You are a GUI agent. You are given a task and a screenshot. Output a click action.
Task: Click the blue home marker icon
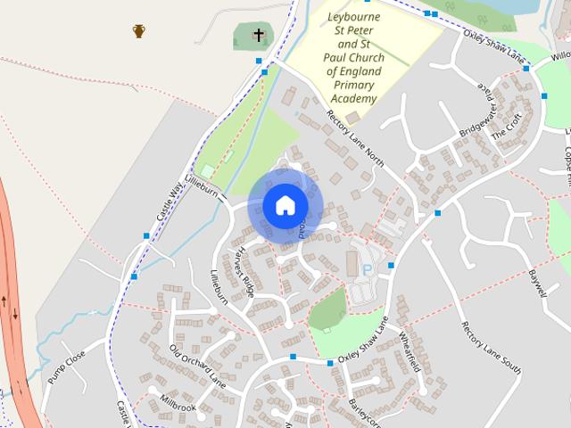(x=285, y=205)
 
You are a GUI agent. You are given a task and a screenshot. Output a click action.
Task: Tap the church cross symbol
(x=259, y=36)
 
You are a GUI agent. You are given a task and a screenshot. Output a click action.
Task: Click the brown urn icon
(x=139, y=31)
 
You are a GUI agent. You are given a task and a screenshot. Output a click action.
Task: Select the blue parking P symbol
(x=367, y=269)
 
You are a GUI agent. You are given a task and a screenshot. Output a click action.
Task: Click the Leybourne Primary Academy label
(x=355, y=57)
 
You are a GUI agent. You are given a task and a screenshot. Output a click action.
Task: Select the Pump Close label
(x=66, y=366)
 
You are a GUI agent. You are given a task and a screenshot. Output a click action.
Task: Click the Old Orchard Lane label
(x=197, y=365)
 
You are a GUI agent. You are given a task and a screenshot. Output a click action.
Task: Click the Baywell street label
(x=539, y=284)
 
